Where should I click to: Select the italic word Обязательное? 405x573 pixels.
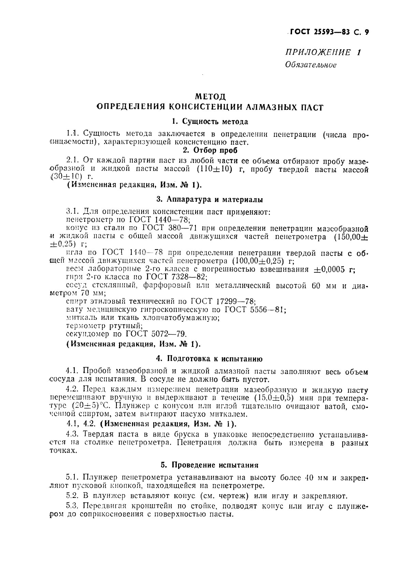point(310,65)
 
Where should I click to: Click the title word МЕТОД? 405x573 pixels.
point(209,96)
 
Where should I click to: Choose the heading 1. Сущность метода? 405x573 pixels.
point(210,121)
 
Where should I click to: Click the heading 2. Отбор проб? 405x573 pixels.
point(210,150)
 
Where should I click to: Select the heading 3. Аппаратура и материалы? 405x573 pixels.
point(209,199)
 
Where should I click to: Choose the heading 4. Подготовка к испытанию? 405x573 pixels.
point(209,359)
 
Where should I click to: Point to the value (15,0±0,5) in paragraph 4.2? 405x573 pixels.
point(277,398)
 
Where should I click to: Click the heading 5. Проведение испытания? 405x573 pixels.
point(209,465)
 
